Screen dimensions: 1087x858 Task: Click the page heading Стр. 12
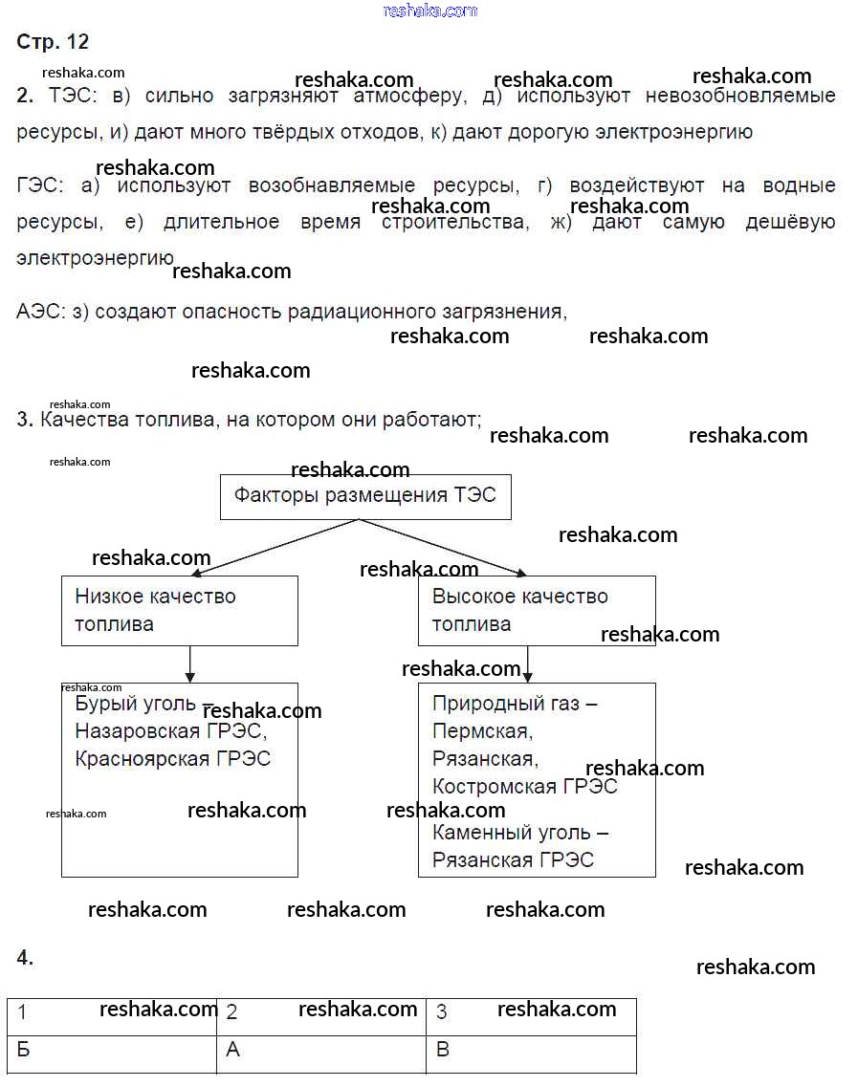coord(53,42)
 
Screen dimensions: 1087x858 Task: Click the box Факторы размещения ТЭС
coord(365,496)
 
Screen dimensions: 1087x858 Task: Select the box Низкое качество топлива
coord(179,610)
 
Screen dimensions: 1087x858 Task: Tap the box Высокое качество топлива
coord(537,610)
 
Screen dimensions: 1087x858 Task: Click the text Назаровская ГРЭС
coord(169,731)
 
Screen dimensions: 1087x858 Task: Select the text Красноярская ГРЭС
coord(172,759)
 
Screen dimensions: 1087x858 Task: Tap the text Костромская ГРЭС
coord(524,787)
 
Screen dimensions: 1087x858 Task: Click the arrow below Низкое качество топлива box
coord(189,663)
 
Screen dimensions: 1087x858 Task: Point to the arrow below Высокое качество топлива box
coord(527,663)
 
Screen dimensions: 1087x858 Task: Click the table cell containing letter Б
coord(113,1051)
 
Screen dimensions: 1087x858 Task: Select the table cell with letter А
coord(321,1051)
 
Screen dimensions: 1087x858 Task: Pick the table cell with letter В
coord(531,1051)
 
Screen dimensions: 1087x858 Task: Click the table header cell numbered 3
coord(531,1012)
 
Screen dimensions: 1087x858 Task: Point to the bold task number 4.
coord(26,958)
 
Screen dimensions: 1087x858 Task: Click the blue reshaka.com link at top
coord(429,11)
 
